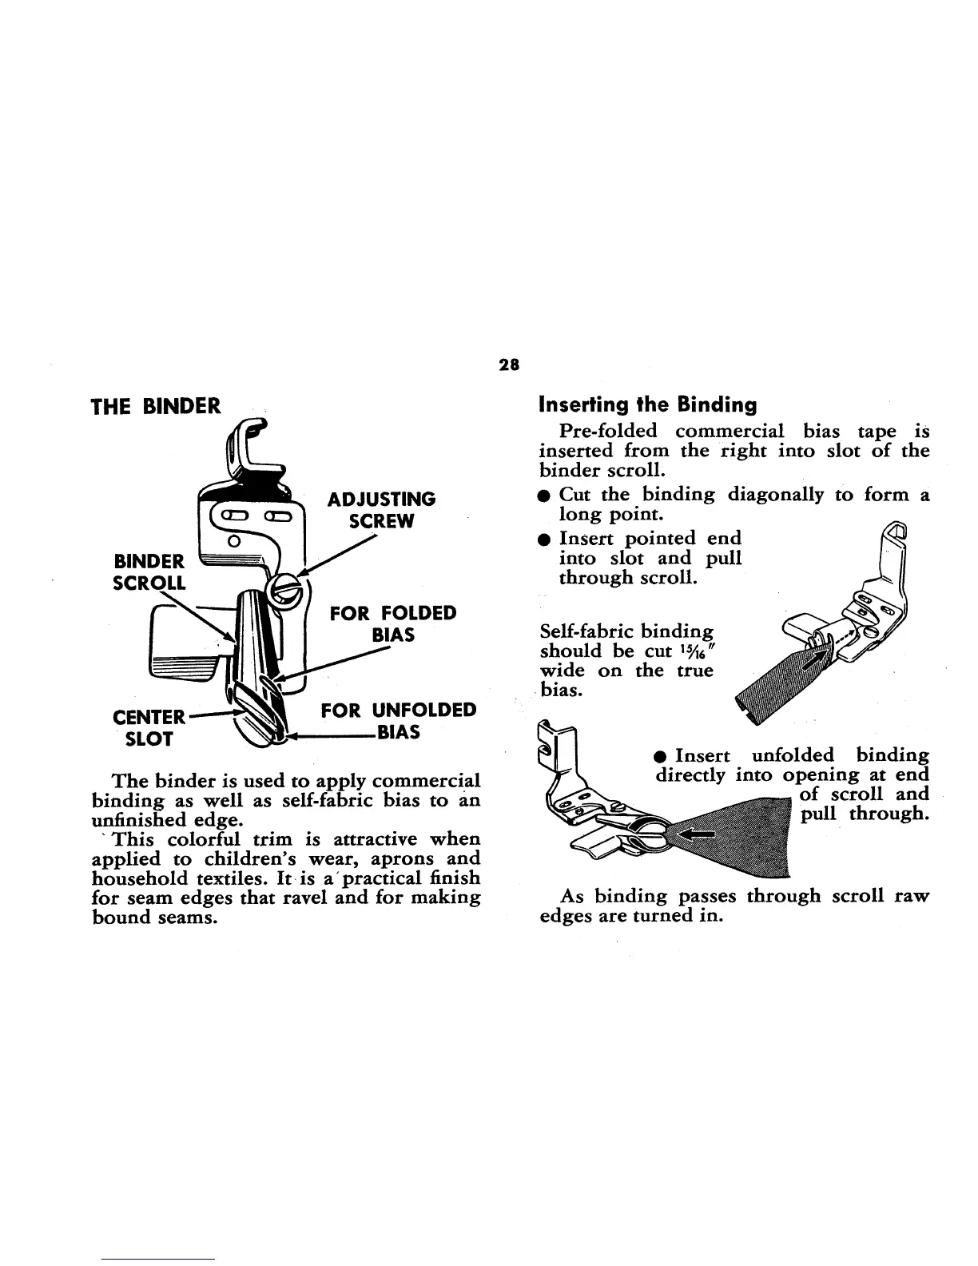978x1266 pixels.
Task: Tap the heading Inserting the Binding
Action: pos(648,404)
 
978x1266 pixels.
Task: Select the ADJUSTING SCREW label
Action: pos(383,510)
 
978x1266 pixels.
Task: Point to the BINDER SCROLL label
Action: pos(149,570)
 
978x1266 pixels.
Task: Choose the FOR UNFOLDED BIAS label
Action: pos(398,721)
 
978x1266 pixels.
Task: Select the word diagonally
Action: pos(775,494)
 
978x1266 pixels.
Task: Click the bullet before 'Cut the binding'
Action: pos(543,496)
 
